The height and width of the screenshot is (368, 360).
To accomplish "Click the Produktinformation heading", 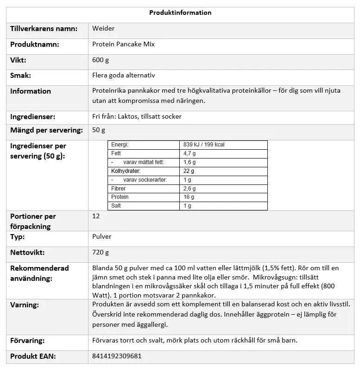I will click(x=180, y=13).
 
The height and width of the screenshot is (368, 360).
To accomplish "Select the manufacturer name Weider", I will click(x=103, y=29).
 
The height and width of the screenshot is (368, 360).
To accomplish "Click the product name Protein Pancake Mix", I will click(x=123, y=44).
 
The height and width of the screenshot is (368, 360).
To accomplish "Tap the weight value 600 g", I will click(x=101, y=60).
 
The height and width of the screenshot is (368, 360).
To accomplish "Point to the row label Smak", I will click(x=21, y=75).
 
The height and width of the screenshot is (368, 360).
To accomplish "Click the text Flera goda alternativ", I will click(x=124, y=75).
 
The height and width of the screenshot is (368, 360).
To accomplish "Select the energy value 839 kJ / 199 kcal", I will click(x=204, y=145).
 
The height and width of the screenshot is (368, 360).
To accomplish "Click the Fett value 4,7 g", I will click(x=190, y=153).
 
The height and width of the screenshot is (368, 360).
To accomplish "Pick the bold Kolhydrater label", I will click(x=125, y=171).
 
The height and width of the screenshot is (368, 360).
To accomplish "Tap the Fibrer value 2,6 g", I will click(x=190, y=189).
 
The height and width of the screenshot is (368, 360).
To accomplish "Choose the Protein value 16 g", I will click(x=189, y=197).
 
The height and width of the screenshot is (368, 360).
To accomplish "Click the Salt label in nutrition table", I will click(x=116, y=206).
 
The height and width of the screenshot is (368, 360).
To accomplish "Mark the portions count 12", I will click(x=96, y=216).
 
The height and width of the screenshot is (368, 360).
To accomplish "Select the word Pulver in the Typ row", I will click(x=102, y=237).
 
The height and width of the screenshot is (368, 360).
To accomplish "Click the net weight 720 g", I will click(x=101, y=253).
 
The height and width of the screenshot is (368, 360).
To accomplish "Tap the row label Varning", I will click(x=25, y=305).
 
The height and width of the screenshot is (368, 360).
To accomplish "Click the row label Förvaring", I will click(x=27, y=341).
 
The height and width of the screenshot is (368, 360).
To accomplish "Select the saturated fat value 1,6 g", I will click(x=190, y=162).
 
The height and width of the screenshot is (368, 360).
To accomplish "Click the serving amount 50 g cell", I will click(x=99, y=130).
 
